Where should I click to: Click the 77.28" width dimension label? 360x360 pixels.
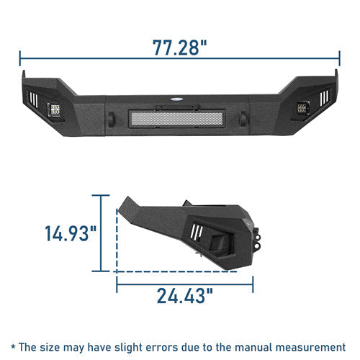(179, 48)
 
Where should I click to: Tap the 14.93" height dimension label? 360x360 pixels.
(70, 234)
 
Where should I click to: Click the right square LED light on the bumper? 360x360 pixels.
(301, 110)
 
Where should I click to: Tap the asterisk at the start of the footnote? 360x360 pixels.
(14, 346)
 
